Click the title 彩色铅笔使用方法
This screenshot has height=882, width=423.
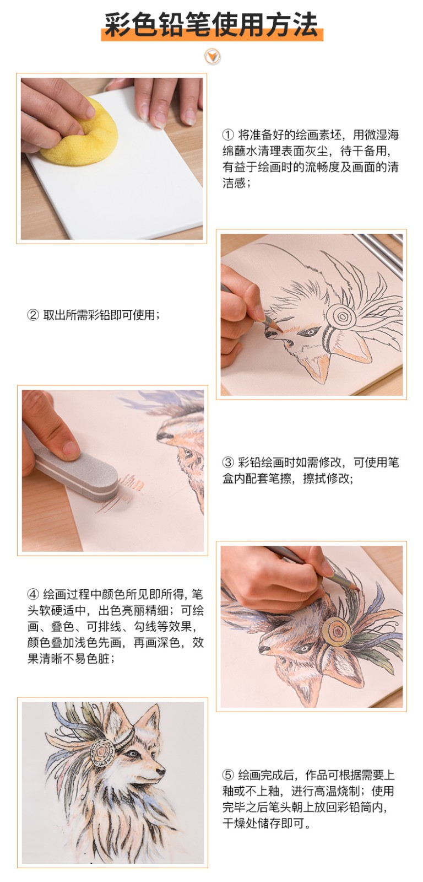[x=211, y=24]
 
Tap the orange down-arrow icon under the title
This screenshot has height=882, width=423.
[x=213, y=57]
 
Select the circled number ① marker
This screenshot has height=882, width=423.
[x=228, y=135]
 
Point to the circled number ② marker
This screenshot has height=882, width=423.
[x=33, y=315]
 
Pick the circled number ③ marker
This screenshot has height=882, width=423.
[x=228, y=462]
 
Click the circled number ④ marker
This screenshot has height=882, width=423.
[x=33, y=594]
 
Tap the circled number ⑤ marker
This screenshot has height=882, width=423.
[x=228, y=775]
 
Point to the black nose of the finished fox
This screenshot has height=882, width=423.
[x=161, y=771]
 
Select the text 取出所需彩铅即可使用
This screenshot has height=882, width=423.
[x=99, y=315]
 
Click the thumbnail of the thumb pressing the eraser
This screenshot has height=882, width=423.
[x=69, y=448]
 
